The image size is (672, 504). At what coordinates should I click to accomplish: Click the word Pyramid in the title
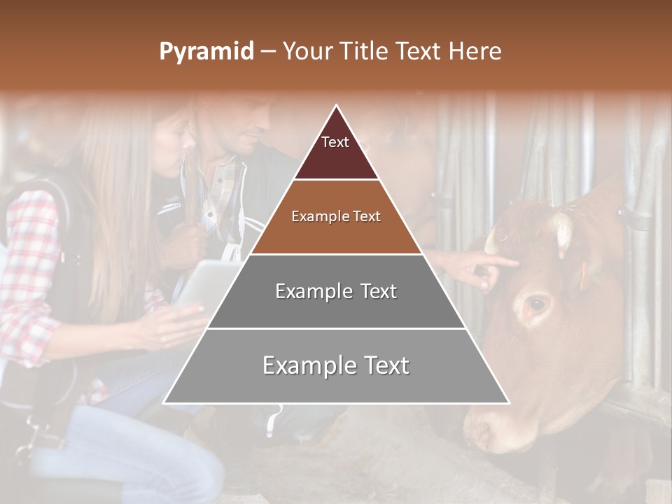click(x=206, y=52)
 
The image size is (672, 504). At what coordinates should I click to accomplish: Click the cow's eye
click(x=538, y=304)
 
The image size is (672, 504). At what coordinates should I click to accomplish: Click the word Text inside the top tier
click(x=335, y=142)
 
